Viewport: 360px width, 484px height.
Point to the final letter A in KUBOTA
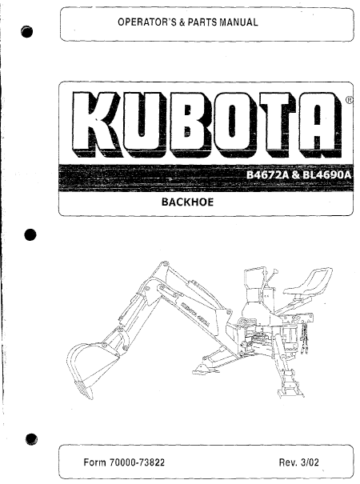click(319, 124)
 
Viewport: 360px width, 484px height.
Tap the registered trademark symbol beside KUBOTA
click(348, 100)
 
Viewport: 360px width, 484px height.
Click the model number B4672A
click(267, 175)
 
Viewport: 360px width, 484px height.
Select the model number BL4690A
click(327, 175)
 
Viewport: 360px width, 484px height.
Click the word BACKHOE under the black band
click(187, 202)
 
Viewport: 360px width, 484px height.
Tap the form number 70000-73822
click(137, 462)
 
